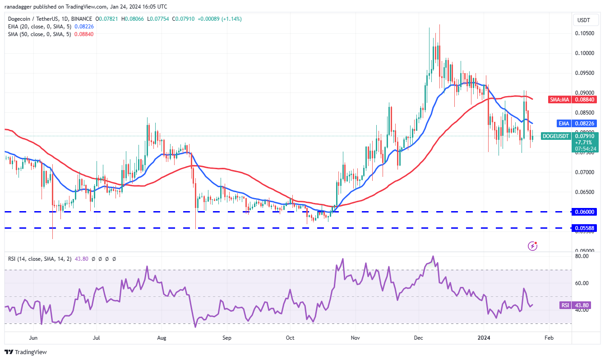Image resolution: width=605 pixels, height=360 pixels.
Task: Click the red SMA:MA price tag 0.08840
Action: (573, 99)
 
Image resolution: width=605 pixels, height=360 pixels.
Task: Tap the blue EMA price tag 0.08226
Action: (577, 124)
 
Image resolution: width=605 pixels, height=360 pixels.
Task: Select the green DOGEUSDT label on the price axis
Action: (555, 136)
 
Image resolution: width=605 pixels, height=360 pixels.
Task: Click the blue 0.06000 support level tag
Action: (585, 212)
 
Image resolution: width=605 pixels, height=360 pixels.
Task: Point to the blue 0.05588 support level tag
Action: (585, 228)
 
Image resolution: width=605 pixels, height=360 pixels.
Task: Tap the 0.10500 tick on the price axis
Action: (585, 33)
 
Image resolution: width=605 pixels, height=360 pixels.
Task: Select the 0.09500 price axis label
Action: (585, 73)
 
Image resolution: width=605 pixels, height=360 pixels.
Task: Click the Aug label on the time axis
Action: (162, 338)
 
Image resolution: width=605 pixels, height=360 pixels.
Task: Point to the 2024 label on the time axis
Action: (484, 338)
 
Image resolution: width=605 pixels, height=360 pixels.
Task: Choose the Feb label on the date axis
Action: (549, 338)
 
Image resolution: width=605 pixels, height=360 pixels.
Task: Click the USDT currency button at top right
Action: (584, 20)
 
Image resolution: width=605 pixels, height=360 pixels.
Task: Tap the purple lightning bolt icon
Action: (532, 246)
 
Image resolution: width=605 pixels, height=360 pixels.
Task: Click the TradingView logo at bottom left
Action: (26, 352)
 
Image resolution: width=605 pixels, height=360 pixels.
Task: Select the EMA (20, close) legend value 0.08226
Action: (84, 27)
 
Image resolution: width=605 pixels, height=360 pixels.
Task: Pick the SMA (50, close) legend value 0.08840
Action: (84, 34)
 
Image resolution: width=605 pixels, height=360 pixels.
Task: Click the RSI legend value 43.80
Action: (82, 259)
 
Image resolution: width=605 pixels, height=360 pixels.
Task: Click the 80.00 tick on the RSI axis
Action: (582, 256)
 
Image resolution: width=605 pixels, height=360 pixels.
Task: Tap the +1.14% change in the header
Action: (231, 19)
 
